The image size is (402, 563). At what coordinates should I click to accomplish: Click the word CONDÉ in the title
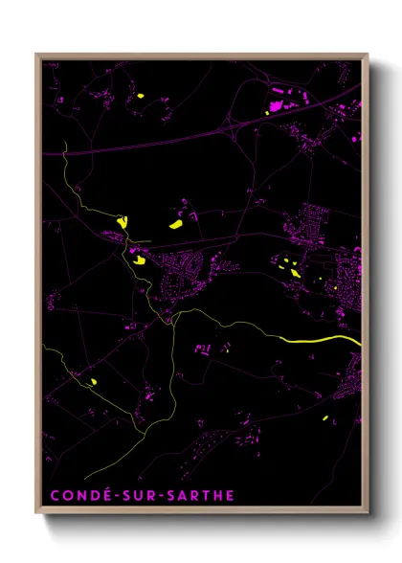(x=77, y=496)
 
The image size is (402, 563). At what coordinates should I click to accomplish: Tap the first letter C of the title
(x=53, y=496)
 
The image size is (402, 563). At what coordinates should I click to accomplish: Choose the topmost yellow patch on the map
(x=141, y=96)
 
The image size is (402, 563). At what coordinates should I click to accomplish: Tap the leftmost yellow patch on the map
(x=94, y=381)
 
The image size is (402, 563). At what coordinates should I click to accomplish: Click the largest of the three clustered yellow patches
(x=177, y=225)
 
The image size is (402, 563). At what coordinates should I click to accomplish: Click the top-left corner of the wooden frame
(x=36, y=55)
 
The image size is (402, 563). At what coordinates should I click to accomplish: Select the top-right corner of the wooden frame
(x=368, y=55)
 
